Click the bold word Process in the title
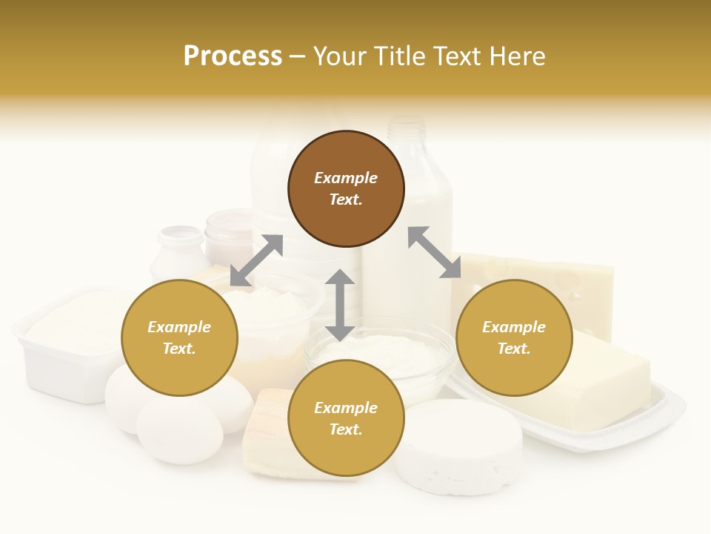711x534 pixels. pyautogui.click(x=233, y=56)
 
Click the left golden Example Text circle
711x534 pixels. pyautogui.click(x=179, y=337)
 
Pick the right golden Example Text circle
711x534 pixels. pyautogui.click(x=514, y=337)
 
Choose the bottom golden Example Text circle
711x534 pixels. pyautogui.click(x=346, y=418)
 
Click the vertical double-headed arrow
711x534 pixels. pyautogui.click(x=340, y=306)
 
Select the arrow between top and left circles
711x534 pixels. pyautogui.click(x=256, y=260)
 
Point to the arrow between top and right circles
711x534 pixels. pyautogui.click(x=434, y=252)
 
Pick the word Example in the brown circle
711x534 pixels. pyautogui.click(x=346, y=178)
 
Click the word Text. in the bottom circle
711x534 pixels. pyautogui.click(x=346, y=429)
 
